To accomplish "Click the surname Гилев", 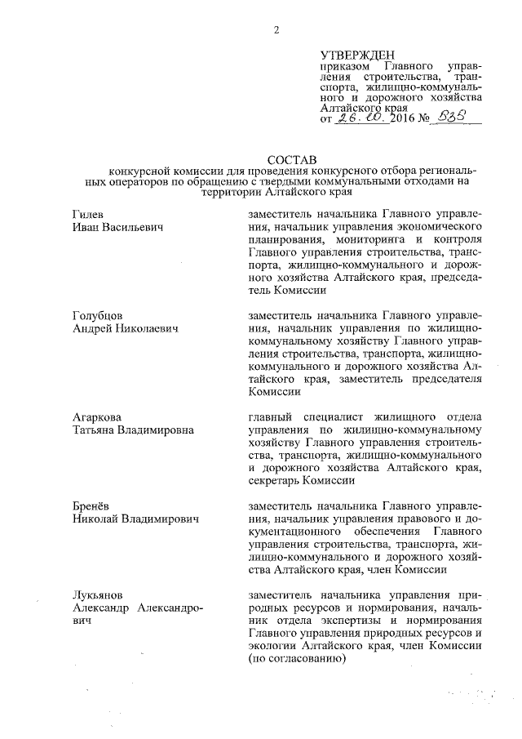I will point(87,214).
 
